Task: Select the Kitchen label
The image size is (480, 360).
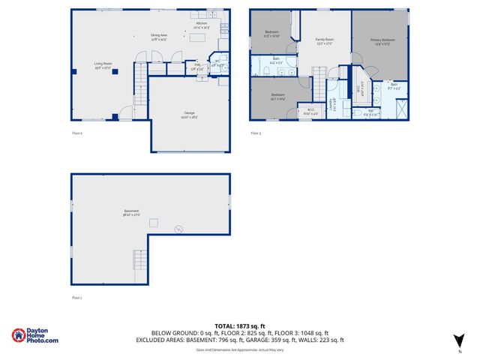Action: click(201, 25)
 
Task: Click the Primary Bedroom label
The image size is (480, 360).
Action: click(382, 40)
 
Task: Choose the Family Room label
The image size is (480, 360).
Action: click(324, 40)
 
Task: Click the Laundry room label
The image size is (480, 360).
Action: click(332, 103)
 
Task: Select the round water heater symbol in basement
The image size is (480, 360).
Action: click(178, 229)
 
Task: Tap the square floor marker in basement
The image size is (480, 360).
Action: click(154, 222)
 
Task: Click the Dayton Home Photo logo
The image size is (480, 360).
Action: click(34, 336)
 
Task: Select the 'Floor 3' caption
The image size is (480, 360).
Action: click(256, 133)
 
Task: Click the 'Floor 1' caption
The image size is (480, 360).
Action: click(76, 298)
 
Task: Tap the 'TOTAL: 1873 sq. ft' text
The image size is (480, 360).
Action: click(239, 325)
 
